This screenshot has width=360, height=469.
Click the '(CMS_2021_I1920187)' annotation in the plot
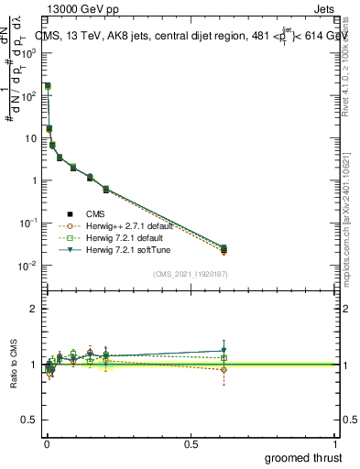tap(190, 274)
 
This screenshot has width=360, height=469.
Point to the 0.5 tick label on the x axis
tap(190, 443)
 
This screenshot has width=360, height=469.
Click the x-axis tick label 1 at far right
tap(335, 443)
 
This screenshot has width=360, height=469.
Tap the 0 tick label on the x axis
tap(46, 443)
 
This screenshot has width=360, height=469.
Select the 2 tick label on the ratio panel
tap(34, 309)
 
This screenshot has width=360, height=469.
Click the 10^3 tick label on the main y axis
tap(29, 54)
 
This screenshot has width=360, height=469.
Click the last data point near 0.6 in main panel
tap(224, 249)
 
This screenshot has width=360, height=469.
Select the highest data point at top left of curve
tap(48, 86)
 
